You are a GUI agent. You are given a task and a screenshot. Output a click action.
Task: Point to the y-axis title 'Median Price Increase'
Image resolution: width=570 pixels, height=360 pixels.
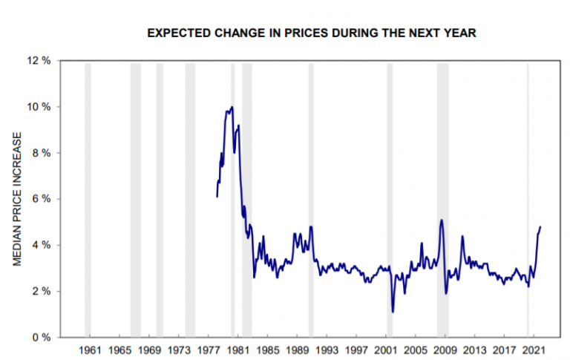(16, 199)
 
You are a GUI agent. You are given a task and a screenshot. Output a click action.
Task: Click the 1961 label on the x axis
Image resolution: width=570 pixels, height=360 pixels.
(90, 349)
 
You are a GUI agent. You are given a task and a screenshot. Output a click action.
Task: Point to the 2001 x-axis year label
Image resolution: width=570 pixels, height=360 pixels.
(386, 349)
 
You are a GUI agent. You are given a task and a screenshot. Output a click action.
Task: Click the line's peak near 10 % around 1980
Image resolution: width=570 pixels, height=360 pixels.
(232, 107)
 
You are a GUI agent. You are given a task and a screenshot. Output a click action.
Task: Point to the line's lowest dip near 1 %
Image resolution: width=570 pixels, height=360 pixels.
(393, 312)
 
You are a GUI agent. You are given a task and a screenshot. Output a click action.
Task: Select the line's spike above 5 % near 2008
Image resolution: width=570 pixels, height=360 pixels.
(442, 220)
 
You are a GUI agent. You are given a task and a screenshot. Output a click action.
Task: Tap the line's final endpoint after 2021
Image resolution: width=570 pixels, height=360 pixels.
(540, 226)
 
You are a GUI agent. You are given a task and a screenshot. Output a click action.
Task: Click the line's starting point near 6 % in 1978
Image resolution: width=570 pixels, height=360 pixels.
(217, 197)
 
